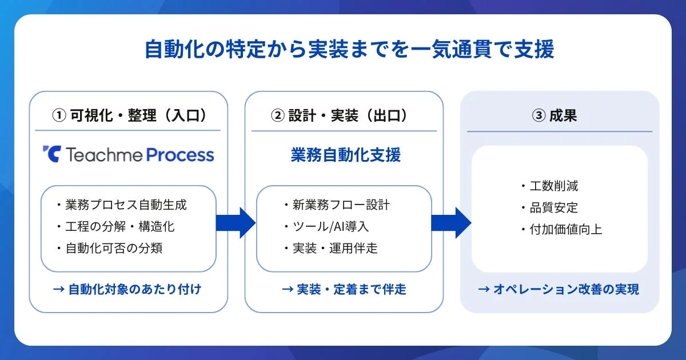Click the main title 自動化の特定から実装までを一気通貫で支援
349,50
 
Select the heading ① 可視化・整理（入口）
129,115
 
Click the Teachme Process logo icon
51,154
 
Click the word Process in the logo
180,154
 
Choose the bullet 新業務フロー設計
339,205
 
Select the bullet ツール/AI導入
328,226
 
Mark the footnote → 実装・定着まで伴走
344,289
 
